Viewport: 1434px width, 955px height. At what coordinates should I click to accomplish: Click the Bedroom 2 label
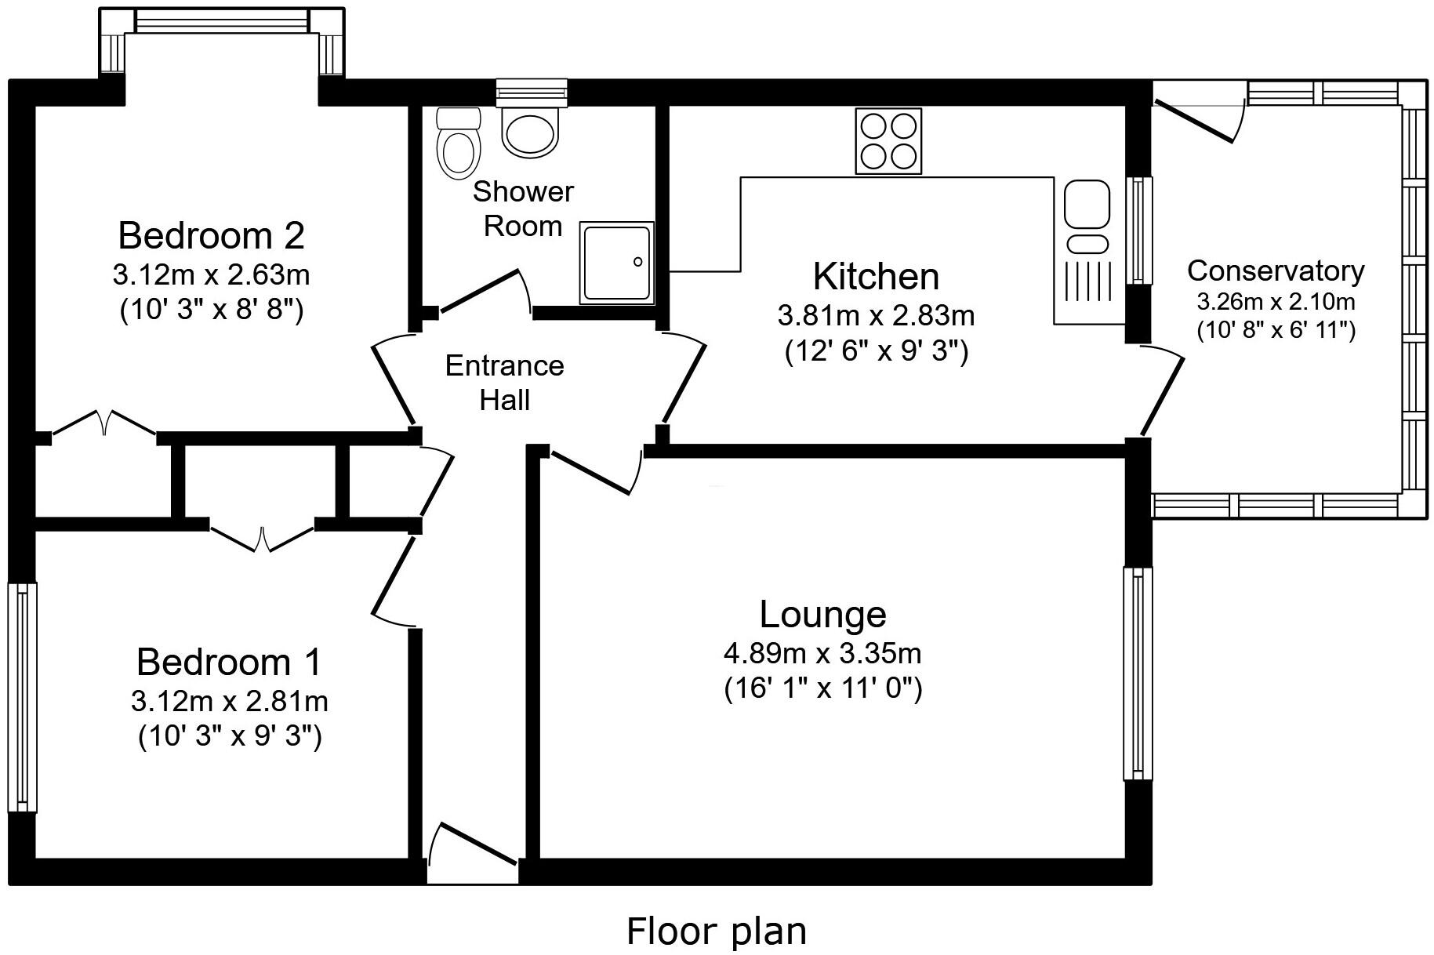(211, 234)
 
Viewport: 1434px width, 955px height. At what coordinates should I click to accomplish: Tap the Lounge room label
(822, 615)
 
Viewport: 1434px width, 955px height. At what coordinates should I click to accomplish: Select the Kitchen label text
(876, 276)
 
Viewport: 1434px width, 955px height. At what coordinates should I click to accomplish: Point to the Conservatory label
(1276, 271)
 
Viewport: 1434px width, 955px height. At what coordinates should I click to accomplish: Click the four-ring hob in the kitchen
(888, 141)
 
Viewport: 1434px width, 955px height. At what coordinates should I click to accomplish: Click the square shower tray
(617, 262)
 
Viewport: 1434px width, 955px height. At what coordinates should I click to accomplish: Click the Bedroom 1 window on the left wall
(22, 697)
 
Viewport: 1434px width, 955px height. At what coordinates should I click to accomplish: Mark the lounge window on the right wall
(1138, 674)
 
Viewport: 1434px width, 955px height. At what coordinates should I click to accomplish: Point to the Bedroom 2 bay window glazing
(222, 21)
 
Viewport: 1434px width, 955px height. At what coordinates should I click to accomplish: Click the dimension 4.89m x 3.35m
(822, 652)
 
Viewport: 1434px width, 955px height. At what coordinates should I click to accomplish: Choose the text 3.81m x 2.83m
(876, 316)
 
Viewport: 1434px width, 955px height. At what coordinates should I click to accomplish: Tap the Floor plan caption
(717, 931)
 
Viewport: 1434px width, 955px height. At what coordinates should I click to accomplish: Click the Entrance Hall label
(505, 383)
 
